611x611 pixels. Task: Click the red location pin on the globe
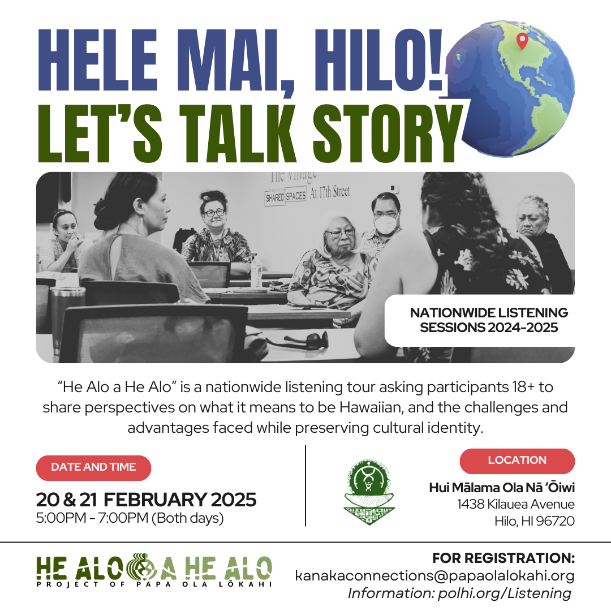tap(522, 41)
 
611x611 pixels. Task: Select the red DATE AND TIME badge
tap(93, 467)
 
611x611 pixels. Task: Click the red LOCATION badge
tap(517, 461)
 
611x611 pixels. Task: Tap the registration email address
tap(434, 576)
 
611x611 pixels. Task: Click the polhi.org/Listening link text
tap(504, 593)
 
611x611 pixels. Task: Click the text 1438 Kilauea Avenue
tap(516, 504)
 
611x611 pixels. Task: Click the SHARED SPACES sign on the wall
tap(286, 196)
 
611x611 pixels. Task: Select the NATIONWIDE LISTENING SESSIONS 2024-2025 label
tap(489, 320)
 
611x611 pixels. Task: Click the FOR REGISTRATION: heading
tap(504, 558)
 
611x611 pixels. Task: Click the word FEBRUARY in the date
tap(154, 500)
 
